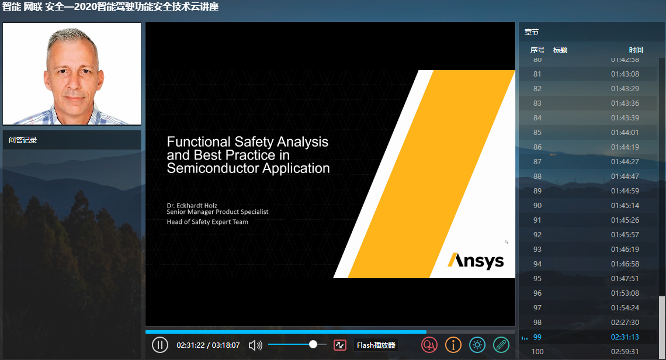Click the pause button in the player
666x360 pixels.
tap(159, 345)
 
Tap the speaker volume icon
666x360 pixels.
tap(255, 345)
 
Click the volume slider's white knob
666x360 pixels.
tap(313, 344)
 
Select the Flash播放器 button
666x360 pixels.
tap(376, 345)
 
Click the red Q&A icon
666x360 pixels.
tap(429, 345)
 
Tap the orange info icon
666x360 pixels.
tap(453, 345)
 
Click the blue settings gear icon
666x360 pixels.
tap(477, 345)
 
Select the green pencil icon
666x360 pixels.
tap(501, 345)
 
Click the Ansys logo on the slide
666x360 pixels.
tap(476, 261)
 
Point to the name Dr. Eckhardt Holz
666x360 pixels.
tap(192, 206)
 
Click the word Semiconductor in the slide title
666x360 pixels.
tap(213, 168)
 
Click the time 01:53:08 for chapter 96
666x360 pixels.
tap(625, 293)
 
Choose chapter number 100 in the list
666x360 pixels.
tap(537, 351)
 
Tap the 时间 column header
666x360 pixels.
tap(636, 50)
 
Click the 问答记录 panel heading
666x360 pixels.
tap(23, 140)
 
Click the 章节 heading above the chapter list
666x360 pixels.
tap(532, 32)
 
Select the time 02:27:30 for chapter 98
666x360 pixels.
tap(625, 323)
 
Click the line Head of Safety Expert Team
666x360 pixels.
tap(207, 222)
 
